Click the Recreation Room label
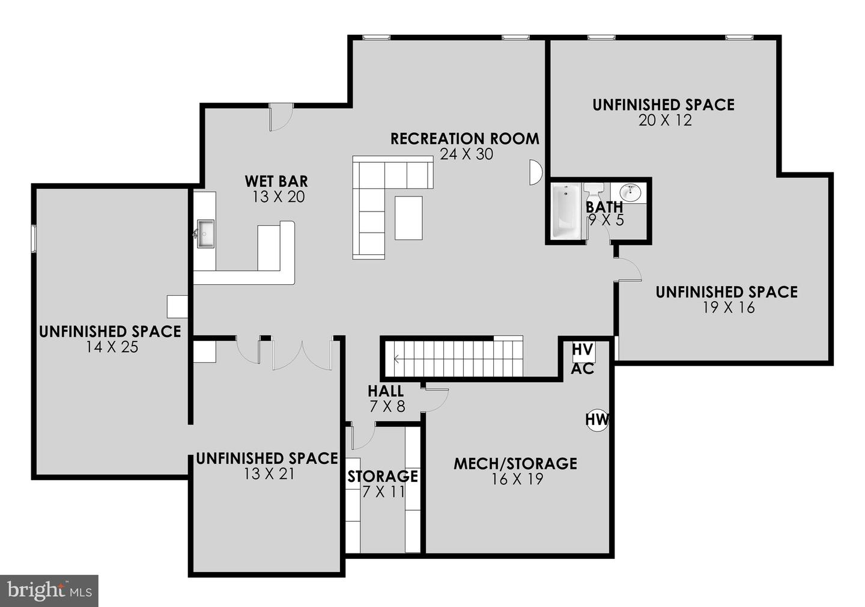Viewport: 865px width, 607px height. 464,139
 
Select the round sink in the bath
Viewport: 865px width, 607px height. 631,192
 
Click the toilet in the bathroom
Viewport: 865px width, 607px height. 594,191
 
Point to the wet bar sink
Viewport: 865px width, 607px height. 205,233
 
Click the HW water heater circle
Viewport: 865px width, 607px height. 596,419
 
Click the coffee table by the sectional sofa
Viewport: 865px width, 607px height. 408,218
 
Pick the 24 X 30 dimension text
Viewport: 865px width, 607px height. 466,154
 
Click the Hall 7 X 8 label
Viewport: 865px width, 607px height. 386,398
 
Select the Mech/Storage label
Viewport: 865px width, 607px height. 515,463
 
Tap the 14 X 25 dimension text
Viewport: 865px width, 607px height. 112,347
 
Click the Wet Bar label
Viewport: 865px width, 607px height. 276,181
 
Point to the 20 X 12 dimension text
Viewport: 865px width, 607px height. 665,120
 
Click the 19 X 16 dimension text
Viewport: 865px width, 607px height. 729,308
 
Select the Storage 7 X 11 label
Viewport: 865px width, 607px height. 383,483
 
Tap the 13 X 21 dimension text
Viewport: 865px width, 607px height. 269,474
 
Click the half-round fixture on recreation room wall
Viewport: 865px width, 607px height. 535,172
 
